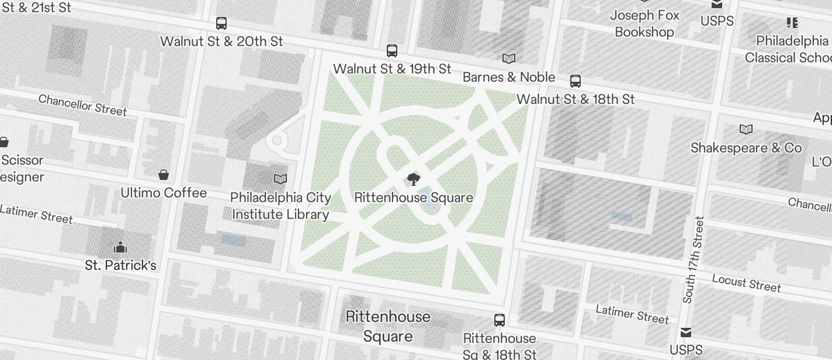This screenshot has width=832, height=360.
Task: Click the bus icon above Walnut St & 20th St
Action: tap(221, 23)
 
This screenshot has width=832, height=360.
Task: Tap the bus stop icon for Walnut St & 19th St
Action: tap(392, 51)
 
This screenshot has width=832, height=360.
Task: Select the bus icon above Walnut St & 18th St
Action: tap(576, 81)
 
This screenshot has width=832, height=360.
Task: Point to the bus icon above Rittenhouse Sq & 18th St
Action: tap(500, 320)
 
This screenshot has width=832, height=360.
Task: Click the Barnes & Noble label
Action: tap(509, 77)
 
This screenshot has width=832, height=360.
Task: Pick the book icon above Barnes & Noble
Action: tap(509, 58)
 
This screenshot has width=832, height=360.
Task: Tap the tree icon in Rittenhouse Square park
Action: tap(413, 179)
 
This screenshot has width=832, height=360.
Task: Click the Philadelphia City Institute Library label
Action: tap(281, 206)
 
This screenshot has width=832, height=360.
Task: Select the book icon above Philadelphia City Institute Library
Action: tap(281, 179)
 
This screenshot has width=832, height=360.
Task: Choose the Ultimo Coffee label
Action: tap(164, 193)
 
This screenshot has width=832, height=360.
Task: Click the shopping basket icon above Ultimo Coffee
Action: tap(164, 175)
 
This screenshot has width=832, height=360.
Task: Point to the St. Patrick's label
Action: tap(120, 265)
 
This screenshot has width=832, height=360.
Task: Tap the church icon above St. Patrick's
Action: tap(120, 247)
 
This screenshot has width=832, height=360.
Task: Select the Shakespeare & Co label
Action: tap(746, 148)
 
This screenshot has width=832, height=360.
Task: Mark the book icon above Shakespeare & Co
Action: tap(746, 129)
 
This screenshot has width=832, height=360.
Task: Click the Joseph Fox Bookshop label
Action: tap(644, 23)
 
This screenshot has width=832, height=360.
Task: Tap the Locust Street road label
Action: tap(746, 282)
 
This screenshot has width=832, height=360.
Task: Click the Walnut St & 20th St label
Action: tap(221, 41)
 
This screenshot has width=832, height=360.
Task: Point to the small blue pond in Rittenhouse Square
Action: tap(428, 205)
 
